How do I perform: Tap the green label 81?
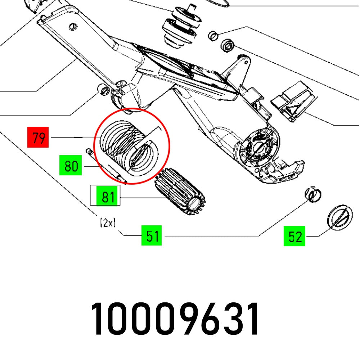click(x=108, y=197)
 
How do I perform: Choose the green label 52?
click(x=294, y=236)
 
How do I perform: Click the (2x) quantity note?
click(x=107, y=223)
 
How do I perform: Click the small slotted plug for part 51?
click(x=313, y=195)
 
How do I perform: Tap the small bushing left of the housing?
click(x=104, y=89)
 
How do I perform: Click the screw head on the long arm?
click(x=73, y=26)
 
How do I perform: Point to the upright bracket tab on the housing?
click(x=239, y=68)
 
